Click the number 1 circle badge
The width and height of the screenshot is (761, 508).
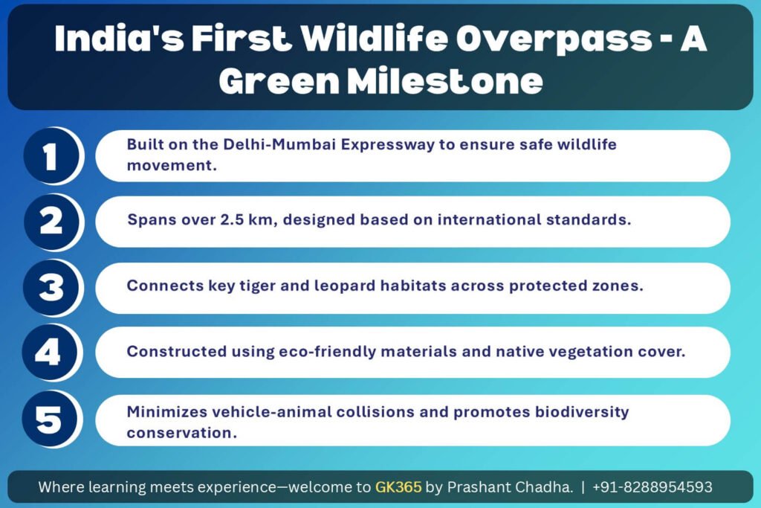tap(52, 156)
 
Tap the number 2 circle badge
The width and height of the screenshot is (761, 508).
tap(52, 222)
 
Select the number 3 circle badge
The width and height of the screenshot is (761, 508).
tap(52, 287)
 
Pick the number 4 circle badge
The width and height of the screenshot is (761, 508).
tap(51, 352)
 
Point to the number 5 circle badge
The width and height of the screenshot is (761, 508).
tap(51, 419)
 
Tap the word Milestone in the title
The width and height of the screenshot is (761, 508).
tap(445, 81)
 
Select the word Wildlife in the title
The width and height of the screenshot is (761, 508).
tap(373, 38)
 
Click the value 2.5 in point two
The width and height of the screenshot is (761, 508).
tap(232, 219)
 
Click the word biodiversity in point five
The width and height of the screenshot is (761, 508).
tap(582, 412)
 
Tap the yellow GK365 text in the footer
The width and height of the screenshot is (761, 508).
tap(398, 486)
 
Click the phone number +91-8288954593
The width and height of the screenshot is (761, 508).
tap(652, 486)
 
